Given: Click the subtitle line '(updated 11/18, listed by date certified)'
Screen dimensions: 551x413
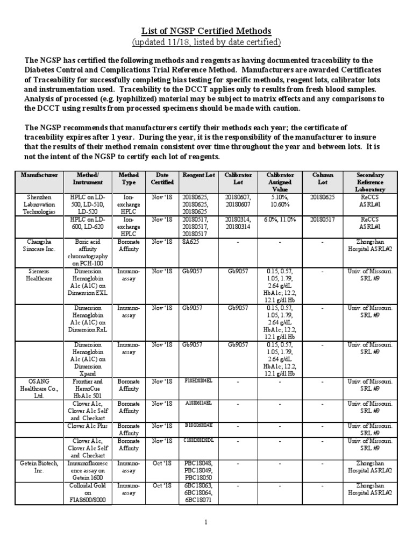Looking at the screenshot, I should click(x=206, y=42).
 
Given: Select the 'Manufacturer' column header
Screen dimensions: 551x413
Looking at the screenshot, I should click(x=39, y=175).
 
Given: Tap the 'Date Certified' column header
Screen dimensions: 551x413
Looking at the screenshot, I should click(x=162, y=179).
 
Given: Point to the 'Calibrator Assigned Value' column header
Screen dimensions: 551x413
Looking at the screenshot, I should click(x=280, y=182).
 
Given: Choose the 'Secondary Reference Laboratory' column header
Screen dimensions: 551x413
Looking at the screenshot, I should click(x=370, y=182).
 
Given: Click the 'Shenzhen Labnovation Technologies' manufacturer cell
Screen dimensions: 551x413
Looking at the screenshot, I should click(x=39, y=205).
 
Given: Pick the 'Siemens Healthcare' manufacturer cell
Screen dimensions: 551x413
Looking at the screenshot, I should click(x=39, y=275).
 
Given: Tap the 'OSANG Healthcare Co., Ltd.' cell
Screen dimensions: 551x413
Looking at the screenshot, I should click(x=39, y=388).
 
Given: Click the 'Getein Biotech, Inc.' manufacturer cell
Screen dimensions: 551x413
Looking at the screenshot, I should click(x=39, y=467).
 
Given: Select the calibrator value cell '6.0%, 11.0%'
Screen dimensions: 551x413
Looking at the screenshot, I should click(x=280, y=220).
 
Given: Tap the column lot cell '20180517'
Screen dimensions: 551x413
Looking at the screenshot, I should click(x=323, y=220).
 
